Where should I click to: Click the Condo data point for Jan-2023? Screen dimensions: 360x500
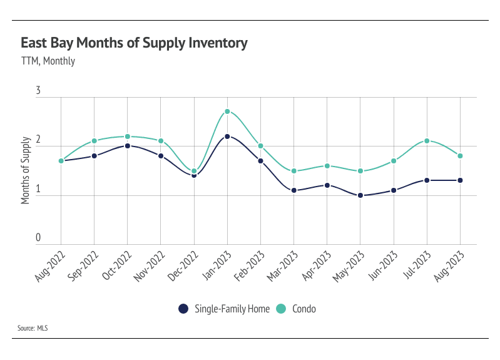[x=227, y=111]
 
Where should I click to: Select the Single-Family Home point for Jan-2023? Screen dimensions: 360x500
[x=227, y=136]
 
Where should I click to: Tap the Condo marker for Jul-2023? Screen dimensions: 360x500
[x=427, y=141]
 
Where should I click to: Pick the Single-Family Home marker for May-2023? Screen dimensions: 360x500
[x=360, y=195]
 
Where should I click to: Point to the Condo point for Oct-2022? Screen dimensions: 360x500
[x=128, y=136]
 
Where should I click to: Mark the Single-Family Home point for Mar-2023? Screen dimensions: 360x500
[x=294, y=190]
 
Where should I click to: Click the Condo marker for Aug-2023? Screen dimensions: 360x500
[x=461, y=156]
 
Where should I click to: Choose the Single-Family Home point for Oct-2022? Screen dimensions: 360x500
[x=128, y=146]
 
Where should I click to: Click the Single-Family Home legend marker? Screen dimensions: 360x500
[x=183, y=309]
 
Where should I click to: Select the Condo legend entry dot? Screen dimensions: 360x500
[x=281, y=309]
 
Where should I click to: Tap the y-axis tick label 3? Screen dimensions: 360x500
[x=38, y=91]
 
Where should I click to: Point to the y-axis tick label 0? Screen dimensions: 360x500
[x=38, y=238]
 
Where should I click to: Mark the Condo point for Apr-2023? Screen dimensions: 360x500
[x=327, y=166]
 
